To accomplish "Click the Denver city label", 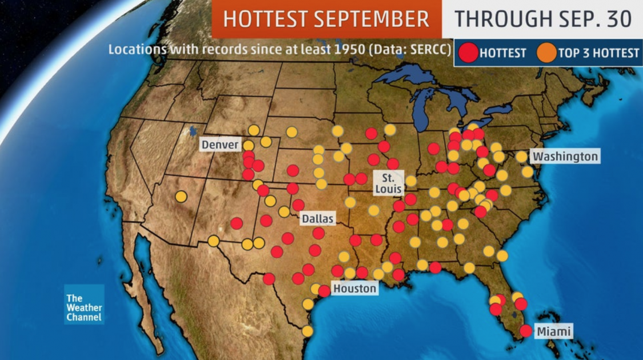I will [220, 145].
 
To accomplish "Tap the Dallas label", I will [317, 218].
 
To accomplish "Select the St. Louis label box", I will [389, 182].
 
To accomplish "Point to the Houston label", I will [355, 288].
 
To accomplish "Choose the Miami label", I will [553, 331].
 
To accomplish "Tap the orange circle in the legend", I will [546, 53].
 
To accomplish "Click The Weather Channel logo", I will [84, 307].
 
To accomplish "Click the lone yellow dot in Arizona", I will [181, 197].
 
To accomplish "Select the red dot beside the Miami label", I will [526, 330].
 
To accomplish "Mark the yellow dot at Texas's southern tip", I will [307, 331].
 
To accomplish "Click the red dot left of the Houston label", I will [324, 291].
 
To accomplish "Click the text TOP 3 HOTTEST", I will [598, 53].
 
